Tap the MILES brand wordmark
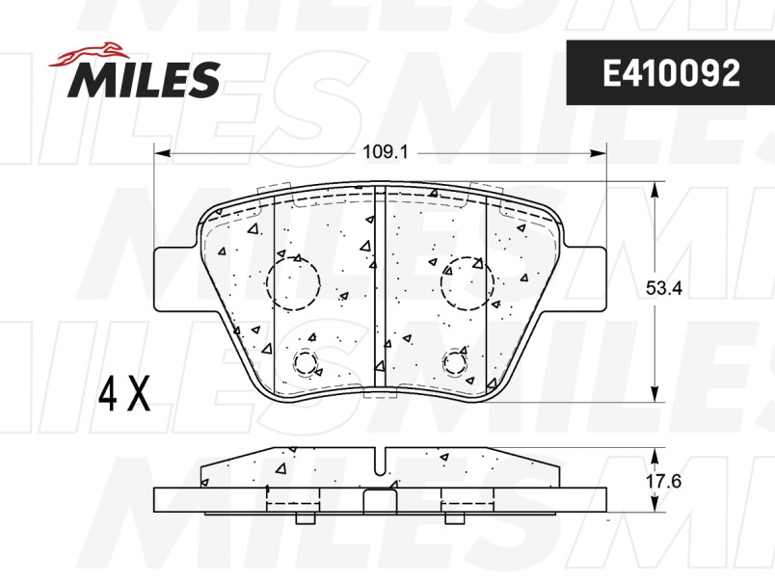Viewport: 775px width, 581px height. coord(144,79)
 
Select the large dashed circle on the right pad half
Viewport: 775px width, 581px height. coord(468,282)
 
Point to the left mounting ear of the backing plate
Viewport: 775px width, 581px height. coord(174,278)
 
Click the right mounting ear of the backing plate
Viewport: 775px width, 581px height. coord(586,278)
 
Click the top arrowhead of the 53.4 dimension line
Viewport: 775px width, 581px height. coord(655,191)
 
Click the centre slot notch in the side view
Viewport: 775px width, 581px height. coord(381,462)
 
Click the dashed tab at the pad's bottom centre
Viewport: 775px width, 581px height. coord(380,392)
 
